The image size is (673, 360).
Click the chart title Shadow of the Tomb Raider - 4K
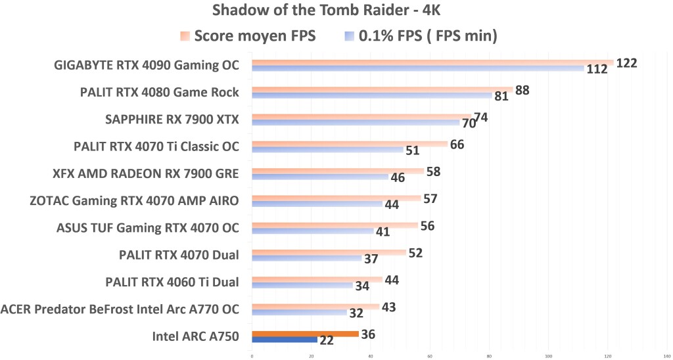[336, 11]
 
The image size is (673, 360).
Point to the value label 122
[627, 63]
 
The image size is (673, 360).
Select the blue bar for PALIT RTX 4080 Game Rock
[371, 95]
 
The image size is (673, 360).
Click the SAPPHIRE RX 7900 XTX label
[172, 119]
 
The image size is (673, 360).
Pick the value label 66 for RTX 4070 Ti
[457, 144]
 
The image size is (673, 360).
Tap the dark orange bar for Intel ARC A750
[305, 334]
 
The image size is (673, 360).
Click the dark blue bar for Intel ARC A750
[284, 340]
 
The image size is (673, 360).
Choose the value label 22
[327, 340]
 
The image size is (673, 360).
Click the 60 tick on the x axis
[430, 355]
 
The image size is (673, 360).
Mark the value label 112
[597, 70]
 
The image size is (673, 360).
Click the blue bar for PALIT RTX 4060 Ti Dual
[302, 285]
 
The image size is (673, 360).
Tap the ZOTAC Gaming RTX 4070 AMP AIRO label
[135, 200]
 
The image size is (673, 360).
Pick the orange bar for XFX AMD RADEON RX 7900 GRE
[338, 171]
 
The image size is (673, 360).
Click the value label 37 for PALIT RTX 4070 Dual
[371, 259]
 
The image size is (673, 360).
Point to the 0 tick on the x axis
[252, 355]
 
